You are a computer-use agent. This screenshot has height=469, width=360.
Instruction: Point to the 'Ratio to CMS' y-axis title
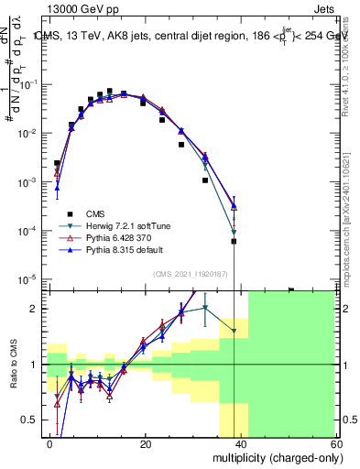point(13,364)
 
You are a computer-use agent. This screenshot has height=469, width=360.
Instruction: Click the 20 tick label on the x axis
point(145,442)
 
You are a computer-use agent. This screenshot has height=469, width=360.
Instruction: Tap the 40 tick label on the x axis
point(240,442)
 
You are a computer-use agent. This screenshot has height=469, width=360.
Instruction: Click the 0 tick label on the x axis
point(50,442)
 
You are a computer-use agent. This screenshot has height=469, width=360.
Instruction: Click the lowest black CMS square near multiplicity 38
point(234,242)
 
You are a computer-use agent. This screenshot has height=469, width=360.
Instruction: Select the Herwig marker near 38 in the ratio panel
point(234,331)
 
